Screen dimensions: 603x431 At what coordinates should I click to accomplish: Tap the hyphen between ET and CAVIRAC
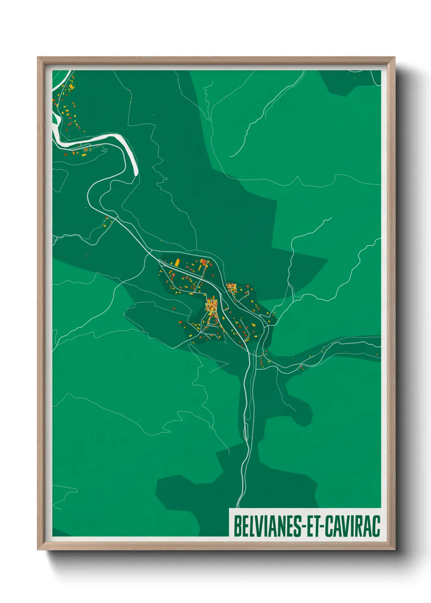(x=321, y=526)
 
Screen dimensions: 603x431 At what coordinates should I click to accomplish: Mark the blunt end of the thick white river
(x=135, y=174)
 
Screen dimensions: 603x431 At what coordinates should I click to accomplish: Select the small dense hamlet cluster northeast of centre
(x=232, y=288)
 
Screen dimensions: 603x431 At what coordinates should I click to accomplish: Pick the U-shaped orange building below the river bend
(x=86, y=149)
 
